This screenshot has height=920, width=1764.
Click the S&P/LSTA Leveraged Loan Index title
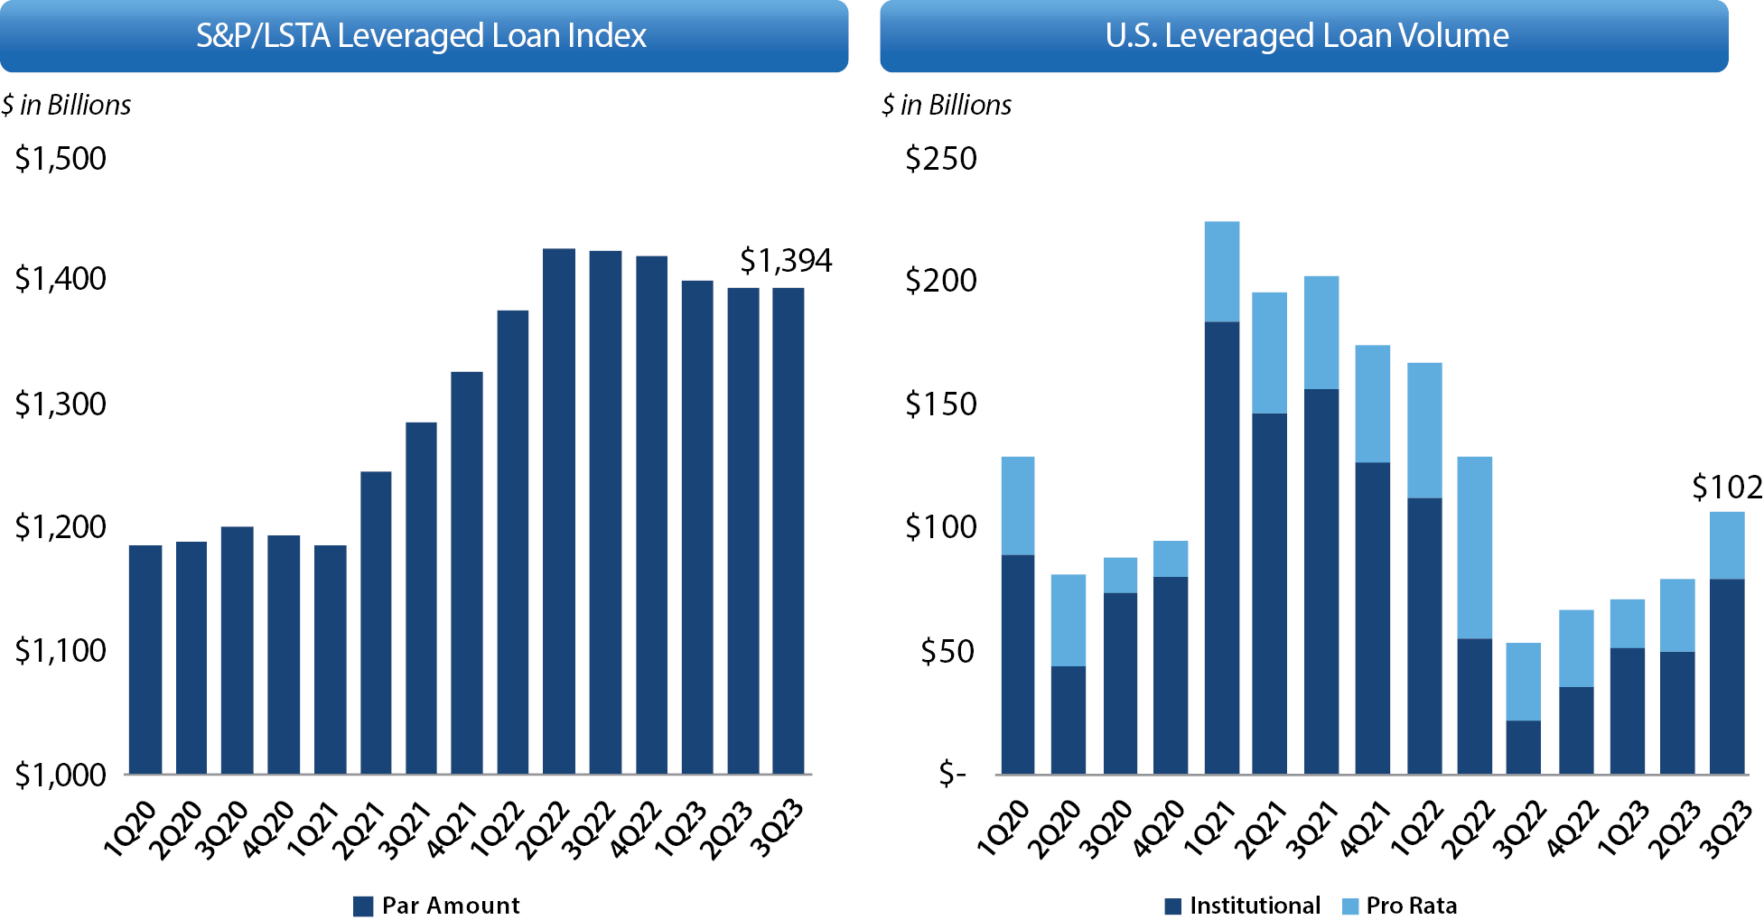tap(422, 36)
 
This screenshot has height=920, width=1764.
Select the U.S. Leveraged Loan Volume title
tap(1306, 36)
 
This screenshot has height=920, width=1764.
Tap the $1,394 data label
tap(786, 261)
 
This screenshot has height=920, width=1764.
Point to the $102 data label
tap(1726, 488)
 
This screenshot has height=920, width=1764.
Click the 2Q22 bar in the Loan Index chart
tap(558, 510)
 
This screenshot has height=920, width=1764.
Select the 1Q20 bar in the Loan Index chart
tap(145, 659)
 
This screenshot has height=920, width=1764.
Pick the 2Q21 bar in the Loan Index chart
tap(376, 623)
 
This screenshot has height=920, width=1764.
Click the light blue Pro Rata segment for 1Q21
tap(1221, 271)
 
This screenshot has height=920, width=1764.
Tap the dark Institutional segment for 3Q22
tap(1523, 747)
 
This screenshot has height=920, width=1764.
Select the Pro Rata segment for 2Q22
tap(1474, 547)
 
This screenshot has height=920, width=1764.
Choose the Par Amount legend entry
tap(437, 906)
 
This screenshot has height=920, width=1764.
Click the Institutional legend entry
tap(1243, 906)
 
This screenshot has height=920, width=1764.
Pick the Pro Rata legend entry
tap(1400, 906)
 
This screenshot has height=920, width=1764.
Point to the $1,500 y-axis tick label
tap(61, 159)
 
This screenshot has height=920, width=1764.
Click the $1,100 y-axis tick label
tap(61, 650)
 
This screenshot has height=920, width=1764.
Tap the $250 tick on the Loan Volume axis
tap(941, 159)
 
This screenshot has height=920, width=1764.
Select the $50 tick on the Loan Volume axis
tap(948, 651)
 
